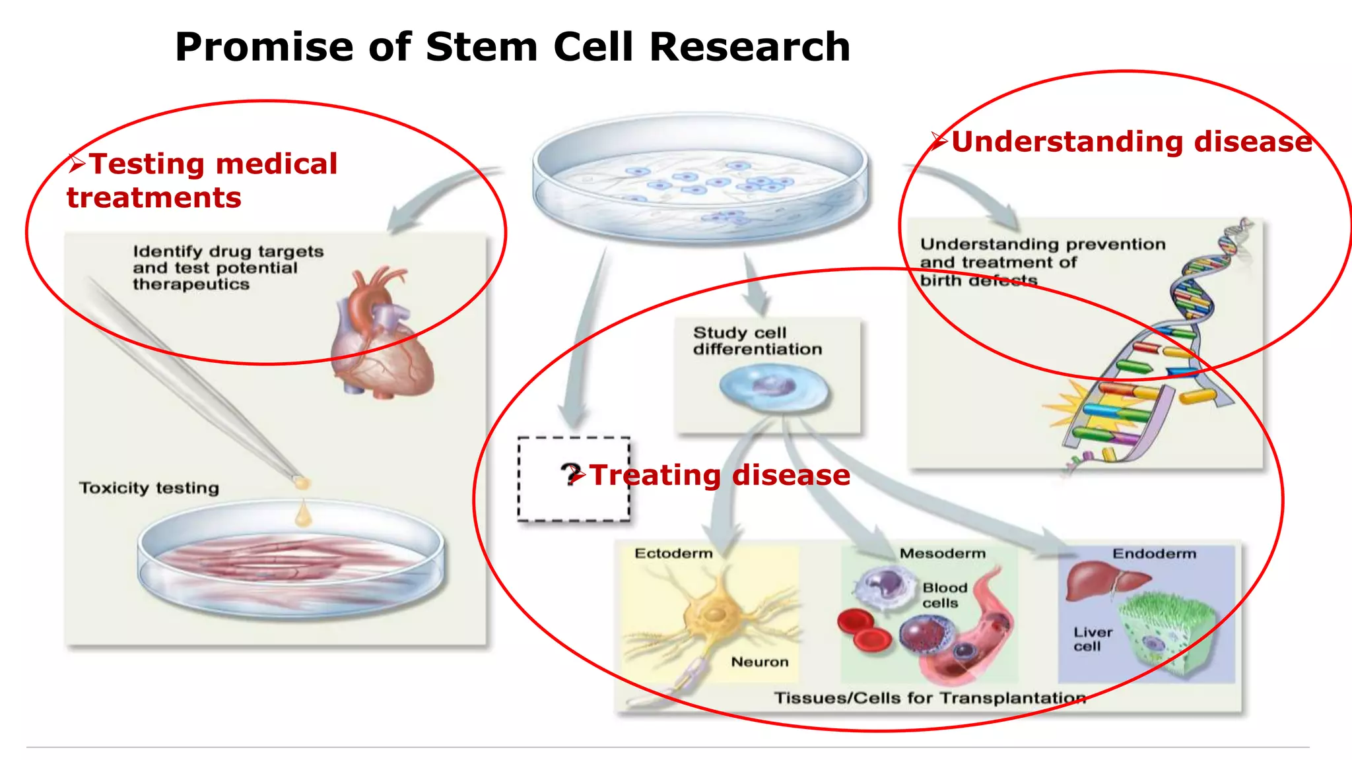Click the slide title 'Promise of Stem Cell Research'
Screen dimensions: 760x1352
(512, 47)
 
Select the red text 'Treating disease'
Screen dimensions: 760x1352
(720, 475)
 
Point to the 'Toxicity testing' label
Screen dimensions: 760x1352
(149, 488)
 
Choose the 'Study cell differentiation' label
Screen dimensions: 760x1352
(757, 340)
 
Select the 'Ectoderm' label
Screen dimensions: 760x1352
(673, 554)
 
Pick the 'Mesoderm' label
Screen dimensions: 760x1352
(942, 554)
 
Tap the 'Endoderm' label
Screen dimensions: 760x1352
(1154, 554)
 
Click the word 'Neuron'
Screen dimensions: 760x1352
(759, 662)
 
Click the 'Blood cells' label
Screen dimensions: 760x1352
(944, 595)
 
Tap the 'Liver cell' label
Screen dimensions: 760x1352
(1093, 639)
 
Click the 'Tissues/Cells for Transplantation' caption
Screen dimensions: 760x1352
(929, 698)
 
